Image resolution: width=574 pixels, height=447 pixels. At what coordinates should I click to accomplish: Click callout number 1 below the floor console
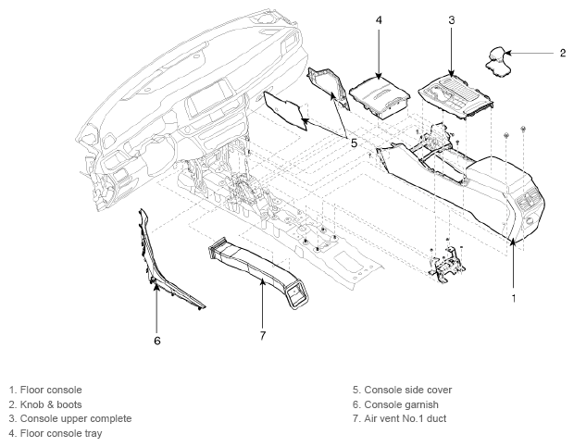(x=514, y=299)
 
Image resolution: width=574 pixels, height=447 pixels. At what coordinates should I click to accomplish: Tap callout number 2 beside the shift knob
(x=563, y=53)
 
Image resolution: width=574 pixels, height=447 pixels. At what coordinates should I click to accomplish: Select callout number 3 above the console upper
(x=452, y=20)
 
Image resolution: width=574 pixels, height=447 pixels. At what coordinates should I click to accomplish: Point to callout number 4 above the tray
(x=379, y=20)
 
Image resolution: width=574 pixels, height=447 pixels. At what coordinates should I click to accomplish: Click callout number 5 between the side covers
(x=354, y=143)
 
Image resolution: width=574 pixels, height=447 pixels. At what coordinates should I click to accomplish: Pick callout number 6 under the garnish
(x=157, y=341)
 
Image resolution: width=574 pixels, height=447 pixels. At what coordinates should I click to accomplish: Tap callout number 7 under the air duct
(x=263, y=335)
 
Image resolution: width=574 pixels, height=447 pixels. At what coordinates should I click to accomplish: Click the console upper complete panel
(x=456, y=96)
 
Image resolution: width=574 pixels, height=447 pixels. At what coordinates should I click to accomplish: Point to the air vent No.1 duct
(x=259, y=270)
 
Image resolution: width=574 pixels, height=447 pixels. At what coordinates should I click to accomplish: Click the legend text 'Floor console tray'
(x=61, y=433)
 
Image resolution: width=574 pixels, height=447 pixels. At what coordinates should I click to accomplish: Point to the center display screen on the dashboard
(x=208, y=99)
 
